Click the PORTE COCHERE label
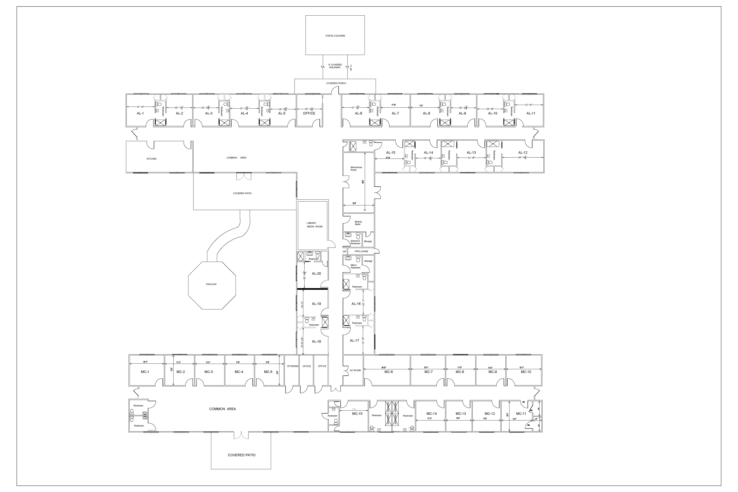click(x=335, y=36)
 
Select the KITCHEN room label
click(x=152, y=159)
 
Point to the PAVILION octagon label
click(x=211, y=284)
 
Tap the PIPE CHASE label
click(x=361, y=251)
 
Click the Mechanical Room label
click(x=356, y=169)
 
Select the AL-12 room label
click(x=523, y=153)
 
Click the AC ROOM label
click(x=355, y=370)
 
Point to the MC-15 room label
click(x=357, y=414)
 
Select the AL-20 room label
click(x=316, y=274)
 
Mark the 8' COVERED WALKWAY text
click(x=335, y=66)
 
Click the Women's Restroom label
click(x=355, y=242)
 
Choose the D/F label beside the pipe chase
click(x=345, y=251)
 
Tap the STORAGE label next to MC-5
click(x=292, y=366)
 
